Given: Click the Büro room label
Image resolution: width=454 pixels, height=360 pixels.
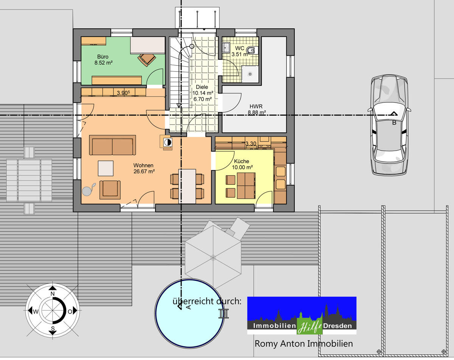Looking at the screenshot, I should coord(103,57).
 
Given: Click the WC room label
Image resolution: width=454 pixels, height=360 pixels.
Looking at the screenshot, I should coord(239,48).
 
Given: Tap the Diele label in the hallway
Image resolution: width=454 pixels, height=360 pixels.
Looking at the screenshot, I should coord(202,87).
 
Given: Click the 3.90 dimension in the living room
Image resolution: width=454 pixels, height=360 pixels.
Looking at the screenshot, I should coord(123,92).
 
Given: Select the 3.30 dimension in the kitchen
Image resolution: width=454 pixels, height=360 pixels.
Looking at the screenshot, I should coord(251,143).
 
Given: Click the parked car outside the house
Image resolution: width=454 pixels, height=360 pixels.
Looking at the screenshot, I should coord(390,125).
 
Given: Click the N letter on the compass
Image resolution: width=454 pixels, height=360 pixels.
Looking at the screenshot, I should coord(53,294).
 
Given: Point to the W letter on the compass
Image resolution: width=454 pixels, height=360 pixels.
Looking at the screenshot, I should coord(35,312).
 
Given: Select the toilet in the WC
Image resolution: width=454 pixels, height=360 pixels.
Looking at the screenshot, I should coord(252,50).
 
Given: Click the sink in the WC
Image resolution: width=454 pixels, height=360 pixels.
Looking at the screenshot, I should coord(226,47).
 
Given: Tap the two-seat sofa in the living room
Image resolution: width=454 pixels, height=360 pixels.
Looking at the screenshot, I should coord(112,145).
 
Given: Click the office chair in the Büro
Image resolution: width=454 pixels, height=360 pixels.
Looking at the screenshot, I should coord(147,59).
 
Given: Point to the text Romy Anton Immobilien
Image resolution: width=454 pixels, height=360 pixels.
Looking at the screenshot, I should coord(304,344).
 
